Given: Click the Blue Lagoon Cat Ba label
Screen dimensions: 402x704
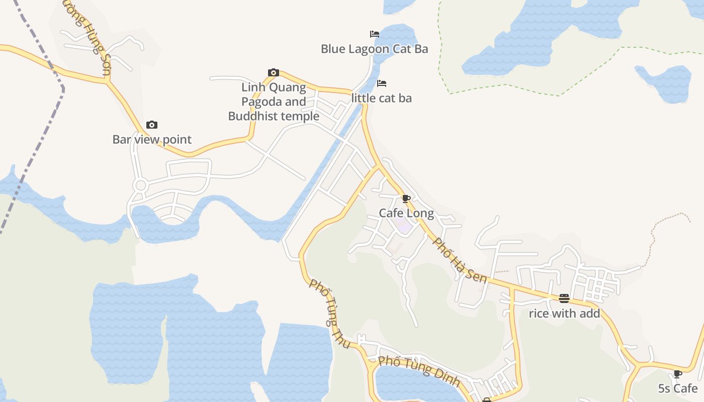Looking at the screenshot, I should pos(374,49).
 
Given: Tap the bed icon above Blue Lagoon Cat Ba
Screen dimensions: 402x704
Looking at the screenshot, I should pos(374,34).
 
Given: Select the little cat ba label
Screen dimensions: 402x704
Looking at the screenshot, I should pos(381,98).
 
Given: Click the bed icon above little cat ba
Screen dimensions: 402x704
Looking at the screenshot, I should pos(382,83).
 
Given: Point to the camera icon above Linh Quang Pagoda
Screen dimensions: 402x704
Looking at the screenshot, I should pos(274,72).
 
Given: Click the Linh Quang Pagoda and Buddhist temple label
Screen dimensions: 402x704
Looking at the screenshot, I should pos(274,102).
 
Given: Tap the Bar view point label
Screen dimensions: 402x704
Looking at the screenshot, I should pos(152,139).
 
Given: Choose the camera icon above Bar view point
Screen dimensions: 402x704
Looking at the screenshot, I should pos(152,125).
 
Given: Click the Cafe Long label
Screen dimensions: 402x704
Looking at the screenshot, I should pos(406,213).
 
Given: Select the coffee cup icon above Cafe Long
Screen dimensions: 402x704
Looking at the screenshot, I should pos(406,198).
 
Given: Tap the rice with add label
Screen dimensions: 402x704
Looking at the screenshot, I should pos(564,314).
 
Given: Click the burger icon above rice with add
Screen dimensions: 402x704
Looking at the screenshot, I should pos(564,298).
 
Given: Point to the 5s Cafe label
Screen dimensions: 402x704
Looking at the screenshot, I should pos(678,388).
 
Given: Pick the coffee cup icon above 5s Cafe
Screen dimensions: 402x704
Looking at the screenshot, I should pos(678,373).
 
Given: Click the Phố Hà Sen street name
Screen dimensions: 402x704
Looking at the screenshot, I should pos(460,260).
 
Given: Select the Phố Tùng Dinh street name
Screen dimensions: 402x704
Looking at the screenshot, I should pos(419,371).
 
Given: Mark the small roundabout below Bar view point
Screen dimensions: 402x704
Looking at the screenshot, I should pos(140,185).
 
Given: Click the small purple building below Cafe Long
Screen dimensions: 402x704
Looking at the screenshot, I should pos(404,226).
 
